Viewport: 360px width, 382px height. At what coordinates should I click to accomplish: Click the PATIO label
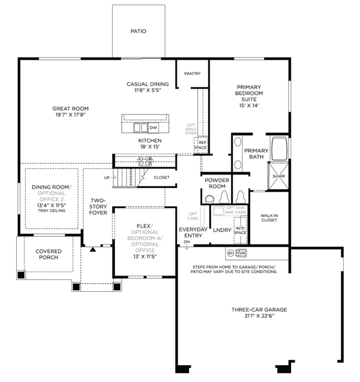click(139, 31)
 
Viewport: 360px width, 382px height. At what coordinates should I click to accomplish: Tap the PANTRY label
click(193, 74)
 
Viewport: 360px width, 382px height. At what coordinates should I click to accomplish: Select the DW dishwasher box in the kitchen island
click(153, 128)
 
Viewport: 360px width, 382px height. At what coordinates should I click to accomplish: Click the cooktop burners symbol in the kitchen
click(145, 161)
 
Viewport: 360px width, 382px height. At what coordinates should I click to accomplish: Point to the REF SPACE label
click(201, 145)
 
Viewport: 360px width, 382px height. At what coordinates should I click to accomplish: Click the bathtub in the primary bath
click(279, 148)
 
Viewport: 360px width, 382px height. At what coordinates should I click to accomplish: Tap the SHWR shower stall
click(278, 176)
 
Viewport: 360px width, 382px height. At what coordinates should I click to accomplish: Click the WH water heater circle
click(230, 253)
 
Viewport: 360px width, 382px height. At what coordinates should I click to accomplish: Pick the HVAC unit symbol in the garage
click(241, 253)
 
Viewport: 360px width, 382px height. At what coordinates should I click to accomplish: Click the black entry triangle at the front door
click(93, 250)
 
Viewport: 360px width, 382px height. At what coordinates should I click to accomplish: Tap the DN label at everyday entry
click(186, 242)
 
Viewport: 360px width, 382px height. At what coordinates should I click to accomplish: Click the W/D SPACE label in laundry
click(240, 230)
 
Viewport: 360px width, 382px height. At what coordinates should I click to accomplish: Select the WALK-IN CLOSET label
click(269, 218)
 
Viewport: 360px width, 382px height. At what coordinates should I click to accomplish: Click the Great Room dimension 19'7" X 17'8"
click(70, 115)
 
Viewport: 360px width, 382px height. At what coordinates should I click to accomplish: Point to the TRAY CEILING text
click(52, 211)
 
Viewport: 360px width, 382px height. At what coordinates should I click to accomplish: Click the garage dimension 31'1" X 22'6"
click(259, 316)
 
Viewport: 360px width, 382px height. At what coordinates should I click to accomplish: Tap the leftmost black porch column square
click(21, 275)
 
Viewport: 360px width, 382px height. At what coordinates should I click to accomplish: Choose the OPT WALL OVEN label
click(191, 129)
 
